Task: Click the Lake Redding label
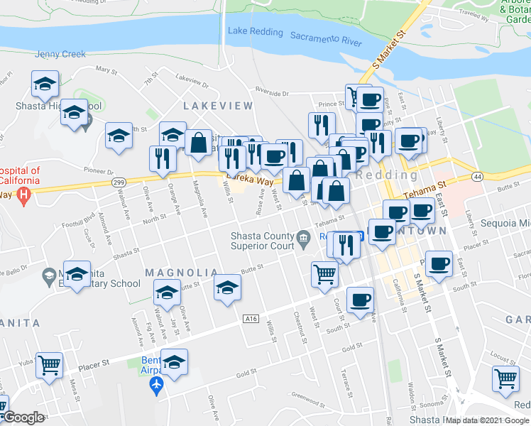(256, 33)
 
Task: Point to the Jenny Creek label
(60, 54)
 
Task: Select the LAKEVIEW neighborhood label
(218, 106)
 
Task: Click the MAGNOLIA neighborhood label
(182, 273)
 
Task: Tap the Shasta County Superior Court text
(262, 241)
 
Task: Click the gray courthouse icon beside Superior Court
(305, 237)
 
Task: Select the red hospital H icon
(25, 194)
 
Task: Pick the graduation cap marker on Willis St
(227, 288)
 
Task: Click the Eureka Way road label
(250, 181)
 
